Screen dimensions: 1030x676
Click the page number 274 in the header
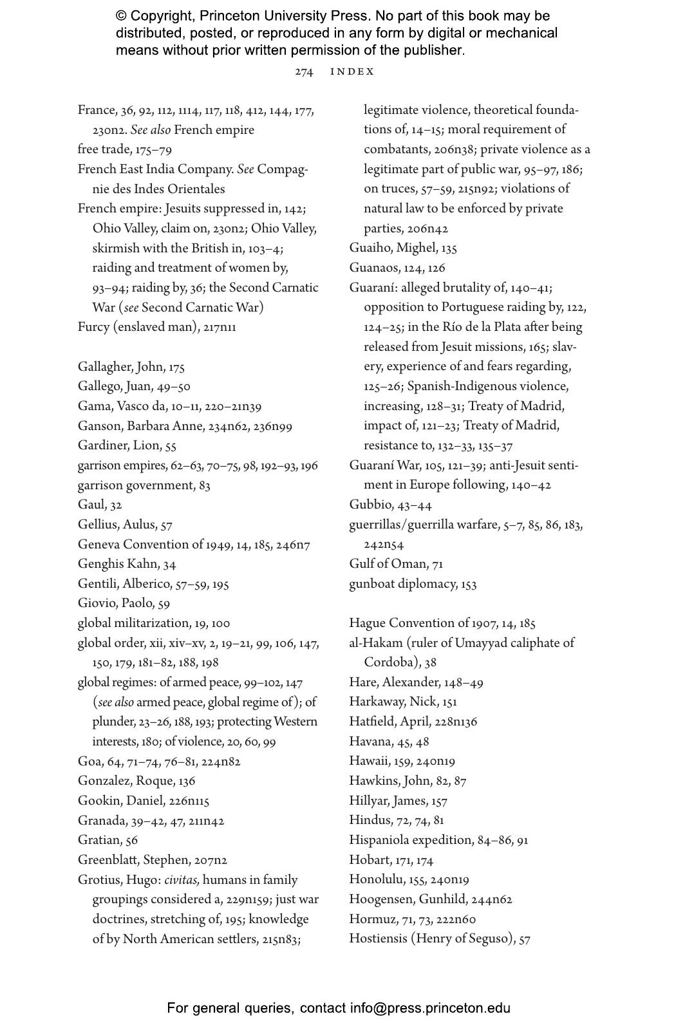(x=304, y=72)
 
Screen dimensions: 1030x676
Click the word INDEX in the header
(x=352, y=72)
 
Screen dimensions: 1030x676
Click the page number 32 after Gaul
(x=116, y=505)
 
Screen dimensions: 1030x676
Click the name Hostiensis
(x=379, y=939)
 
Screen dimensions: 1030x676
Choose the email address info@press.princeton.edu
(x=430, y=1008)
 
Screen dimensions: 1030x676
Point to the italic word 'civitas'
(x=182, y=880)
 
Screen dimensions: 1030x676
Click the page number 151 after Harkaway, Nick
(x=449, y=702)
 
